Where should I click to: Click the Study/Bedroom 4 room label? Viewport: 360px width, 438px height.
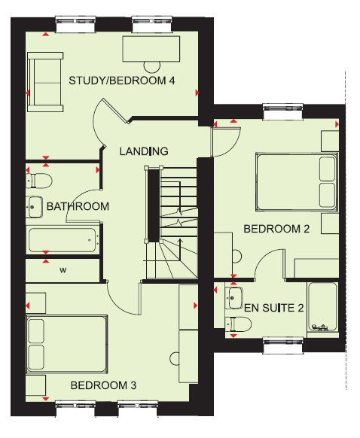[122, 81]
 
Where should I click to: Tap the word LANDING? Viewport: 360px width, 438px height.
[144, 151]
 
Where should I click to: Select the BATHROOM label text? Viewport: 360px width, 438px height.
[78, 206]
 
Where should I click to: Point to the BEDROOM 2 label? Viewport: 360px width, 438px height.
[276, 229]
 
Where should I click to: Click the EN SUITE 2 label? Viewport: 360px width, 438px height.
[274, 308]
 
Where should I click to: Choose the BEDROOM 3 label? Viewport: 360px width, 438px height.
[103, 385]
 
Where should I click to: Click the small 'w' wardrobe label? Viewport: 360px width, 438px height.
[63, 270]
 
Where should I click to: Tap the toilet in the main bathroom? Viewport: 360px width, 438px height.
[39, 181]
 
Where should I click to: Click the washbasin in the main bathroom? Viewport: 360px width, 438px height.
[34, 207]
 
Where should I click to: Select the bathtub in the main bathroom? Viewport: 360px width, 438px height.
[63, 240]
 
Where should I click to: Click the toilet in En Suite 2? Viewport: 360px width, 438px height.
[238, 324]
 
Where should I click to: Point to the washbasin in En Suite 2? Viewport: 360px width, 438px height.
[233, 298]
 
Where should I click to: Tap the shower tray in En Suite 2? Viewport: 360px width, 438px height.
[323, 307]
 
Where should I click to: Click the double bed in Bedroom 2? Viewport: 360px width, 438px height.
[297, 181]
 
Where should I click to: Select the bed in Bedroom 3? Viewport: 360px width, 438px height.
[67, 344]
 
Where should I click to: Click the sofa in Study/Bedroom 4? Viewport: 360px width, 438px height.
[45, 82]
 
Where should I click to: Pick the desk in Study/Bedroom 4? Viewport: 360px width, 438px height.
[151, 49]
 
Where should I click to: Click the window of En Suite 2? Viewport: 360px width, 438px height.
[283, 345]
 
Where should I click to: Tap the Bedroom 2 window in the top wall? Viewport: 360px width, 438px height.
[283, 111]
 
